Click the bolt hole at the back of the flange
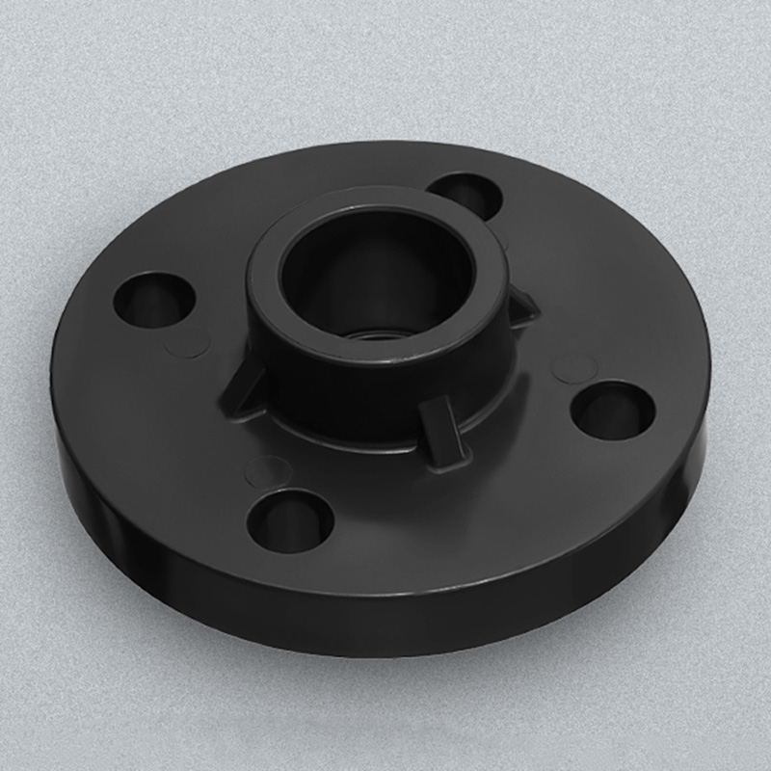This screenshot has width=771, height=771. click(x=465, y=196)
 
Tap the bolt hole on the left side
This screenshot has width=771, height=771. click(x=154, y=299)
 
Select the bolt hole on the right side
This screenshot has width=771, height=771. click(x=613, y=409)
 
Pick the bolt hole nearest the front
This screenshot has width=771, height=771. click(x=290, y=520)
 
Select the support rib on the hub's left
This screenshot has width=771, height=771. click(x=241, y=390)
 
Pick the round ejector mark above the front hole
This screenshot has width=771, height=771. click(x=269, y=471)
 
